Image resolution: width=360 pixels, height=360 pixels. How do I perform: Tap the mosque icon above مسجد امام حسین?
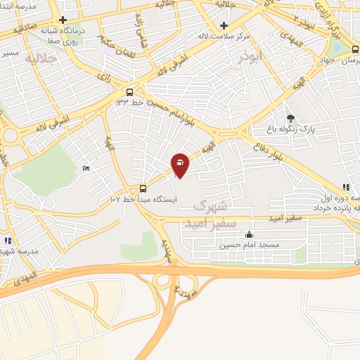coord(249,235)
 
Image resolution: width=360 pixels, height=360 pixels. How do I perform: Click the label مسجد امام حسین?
coord(249,245)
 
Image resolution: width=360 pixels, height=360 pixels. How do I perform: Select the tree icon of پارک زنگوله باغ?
coord(290,117)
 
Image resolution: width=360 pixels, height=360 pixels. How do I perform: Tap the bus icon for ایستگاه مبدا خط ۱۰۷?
coord(143,188)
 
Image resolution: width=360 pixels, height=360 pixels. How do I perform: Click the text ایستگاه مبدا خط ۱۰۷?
coord(143,200)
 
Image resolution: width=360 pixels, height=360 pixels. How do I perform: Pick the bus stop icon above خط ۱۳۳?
coord(129,92)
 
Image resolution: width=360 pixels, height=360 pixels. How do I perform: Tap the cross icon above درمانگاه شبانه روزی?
coord(63,20)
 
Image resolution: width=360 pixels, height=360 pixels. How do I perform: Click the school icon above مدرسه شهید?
coord(6,240)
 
